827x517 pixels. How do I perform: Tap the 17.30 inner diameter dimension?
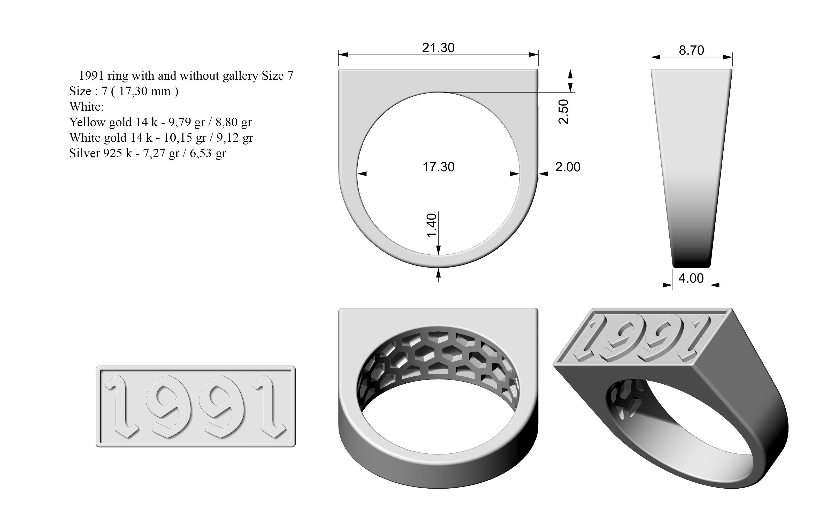(439, 167)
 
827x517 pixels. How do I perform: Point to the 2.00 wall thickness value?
(568, 167)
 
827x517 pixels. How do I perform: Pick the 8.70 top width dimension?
(691, 50)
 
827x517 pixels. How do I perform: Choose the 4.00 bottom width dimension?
(691, 278)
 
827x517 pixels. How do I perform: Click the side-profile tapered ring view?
(691, 168)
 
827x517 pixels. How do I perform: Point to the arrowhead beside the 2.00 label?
(543, 174)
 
